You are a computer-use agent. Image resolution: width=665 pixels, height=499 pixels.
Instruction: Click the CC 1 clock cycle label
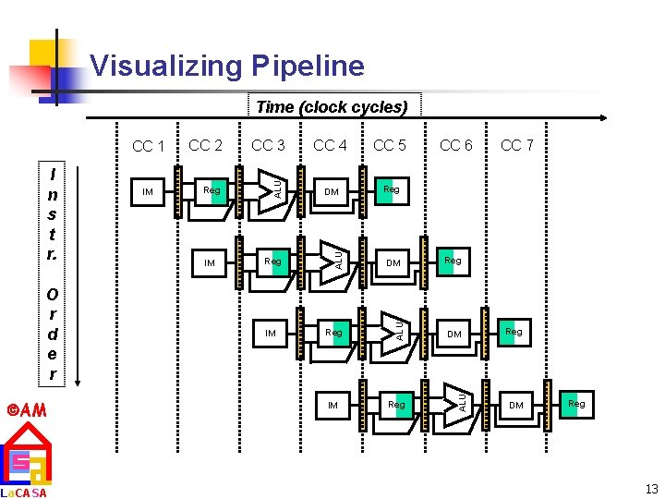coord(148,146)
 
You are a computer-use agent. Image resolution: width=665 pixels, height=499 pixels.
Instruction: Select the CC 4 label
coord(330,145)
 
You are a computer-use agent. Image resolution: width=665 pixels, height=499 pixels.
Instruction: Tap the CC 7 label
coord(517,145)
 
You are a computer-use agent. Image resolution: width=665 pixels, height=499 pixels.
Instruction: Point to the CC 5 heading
coord(390,145)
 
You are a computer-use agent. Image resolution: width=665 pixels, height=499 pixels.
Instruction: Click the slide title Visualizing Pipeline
coord(227,67)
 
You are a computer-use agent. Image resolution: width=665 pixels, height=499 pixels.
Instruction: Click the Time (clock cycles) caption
coord(332,107)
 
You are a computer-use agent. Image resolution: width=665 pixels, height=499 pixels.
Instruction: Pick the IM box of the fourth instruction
coord(332,405)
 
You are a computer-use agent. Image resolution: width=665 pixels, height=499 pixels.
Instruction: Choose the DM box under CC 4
coord(332,192)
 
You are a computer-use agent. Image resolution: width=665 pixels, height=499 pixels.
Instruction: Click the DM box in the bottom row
coord(516,405)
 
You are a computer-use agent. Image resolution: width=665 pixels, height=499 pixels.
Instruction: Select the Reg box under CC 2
coord(212,190)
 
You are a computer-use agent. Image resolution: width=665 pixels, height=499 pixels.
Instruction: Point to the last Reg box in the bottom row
coord(576,403)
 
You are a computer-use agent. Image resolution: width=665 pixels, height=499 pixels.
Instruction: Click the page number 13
coord(651,489)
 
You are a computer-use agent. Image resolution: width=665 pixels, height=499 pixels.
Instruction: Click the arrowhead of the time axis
coord(601,118)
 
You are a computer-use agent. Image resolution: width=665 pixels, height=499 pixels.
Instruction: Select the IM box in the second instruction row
coord(210,263)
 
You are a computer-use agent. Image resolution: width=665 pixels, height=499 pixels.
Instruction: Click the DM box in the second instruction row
coord(393,263)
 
